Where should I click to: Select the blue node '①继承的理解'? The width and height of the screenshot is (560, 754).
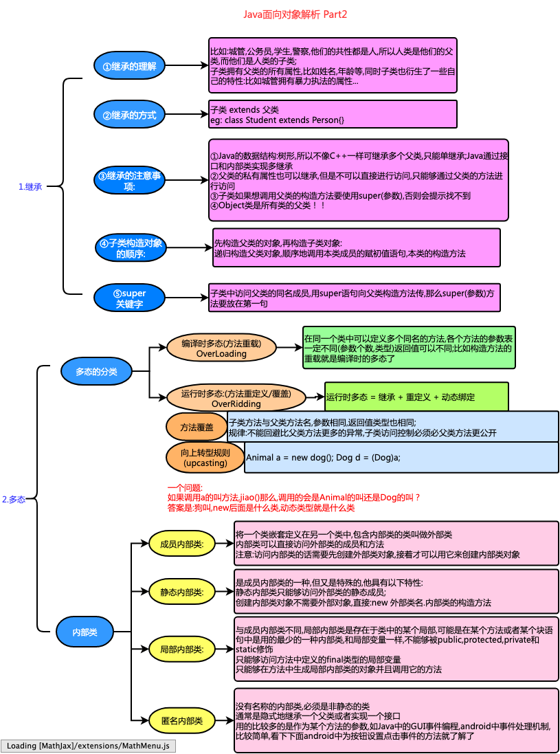(129, 67)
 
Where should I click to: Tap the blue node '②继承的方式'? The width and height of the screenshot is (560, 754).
(129, 115)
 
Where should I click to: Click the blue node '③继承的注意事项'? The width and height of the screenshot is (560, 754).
(129, 181)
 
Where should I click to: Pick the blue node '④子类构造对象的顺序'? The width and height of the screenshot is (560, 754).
(131, 248)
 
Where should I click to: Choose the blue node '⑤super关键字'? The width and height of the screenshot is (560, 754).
(129, 298)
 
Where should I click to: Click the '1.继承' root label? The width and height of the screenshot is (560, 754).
(30, 186)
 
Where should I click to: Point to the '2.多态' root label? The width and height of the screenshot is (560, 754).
(14, 500)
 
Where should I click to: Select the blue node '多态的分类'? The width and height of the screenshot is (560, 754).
(97, 372)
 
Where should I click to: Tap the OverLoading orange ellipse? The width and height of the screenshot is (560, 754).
(221, 348)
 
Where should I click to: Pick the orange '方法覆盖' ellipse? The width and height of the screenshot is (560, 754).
(197, 428)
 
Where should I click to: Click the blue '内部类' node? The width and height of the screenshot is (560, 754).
(85, 632)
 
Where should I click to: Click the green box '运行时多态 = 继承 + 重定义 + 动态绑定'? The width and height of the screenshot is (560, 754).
(416, 397)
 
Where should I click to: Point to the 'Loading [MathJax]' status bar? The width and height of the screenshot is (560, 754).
(89, 746)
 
